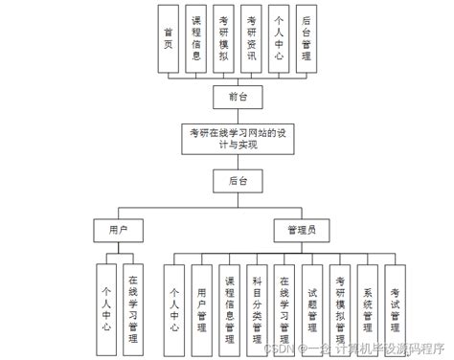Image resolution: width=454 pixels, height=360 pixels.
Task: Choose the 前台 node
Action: pos(237,96)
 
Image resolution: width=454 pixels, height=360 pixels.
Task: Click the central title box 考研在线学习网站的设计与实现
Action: pos(237,137)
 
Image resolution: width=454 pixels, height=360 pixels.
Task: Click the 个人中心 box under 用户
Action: pos(106,304)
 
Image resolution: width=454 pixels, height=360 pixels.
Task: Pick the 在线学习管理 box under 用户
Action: pos(133,304)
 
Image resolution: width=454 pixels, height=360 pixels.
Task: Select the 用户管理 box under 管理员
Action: pos(201,304)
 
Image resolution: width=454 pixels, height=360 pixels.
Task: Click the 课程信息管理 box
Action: pos(229,304)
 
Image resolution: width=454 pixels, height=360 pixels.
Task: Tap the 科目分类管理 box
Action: pos(256,304)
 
